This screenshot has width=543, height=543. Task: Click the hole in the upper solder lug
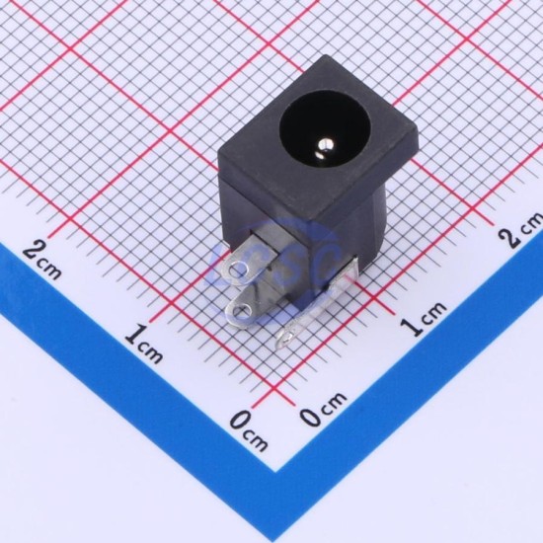(238, 271)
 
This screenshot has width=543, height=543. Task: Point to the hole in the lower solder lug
(241, 310)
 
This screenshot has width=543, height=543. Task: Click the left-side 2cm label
(41, 261)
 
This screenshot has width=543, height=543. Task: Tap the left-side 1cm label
(143, 344)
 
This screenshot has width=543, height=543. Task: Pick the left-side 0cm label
(250, 430)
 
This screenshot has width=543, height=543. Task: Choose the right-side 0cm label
(323, 409)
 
